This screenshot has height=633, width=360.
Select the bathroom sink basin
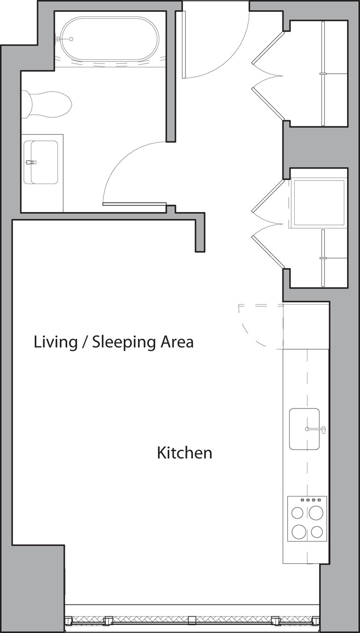[44, 162]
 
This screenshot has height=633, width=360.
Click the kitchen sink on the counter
[304, 429]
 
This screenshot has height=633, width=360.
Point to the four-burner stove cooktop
[307, 519]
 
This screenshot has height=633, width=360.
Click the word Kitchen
[184, 452]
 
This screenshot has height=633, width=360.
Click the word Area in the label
[177, 342]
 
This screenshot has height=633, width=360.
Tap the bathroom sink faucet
[31, 162]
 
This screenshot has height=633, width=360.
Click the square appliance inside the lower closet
[318, 202]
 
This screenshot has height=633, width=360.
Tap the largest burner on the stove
[299, 532]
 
